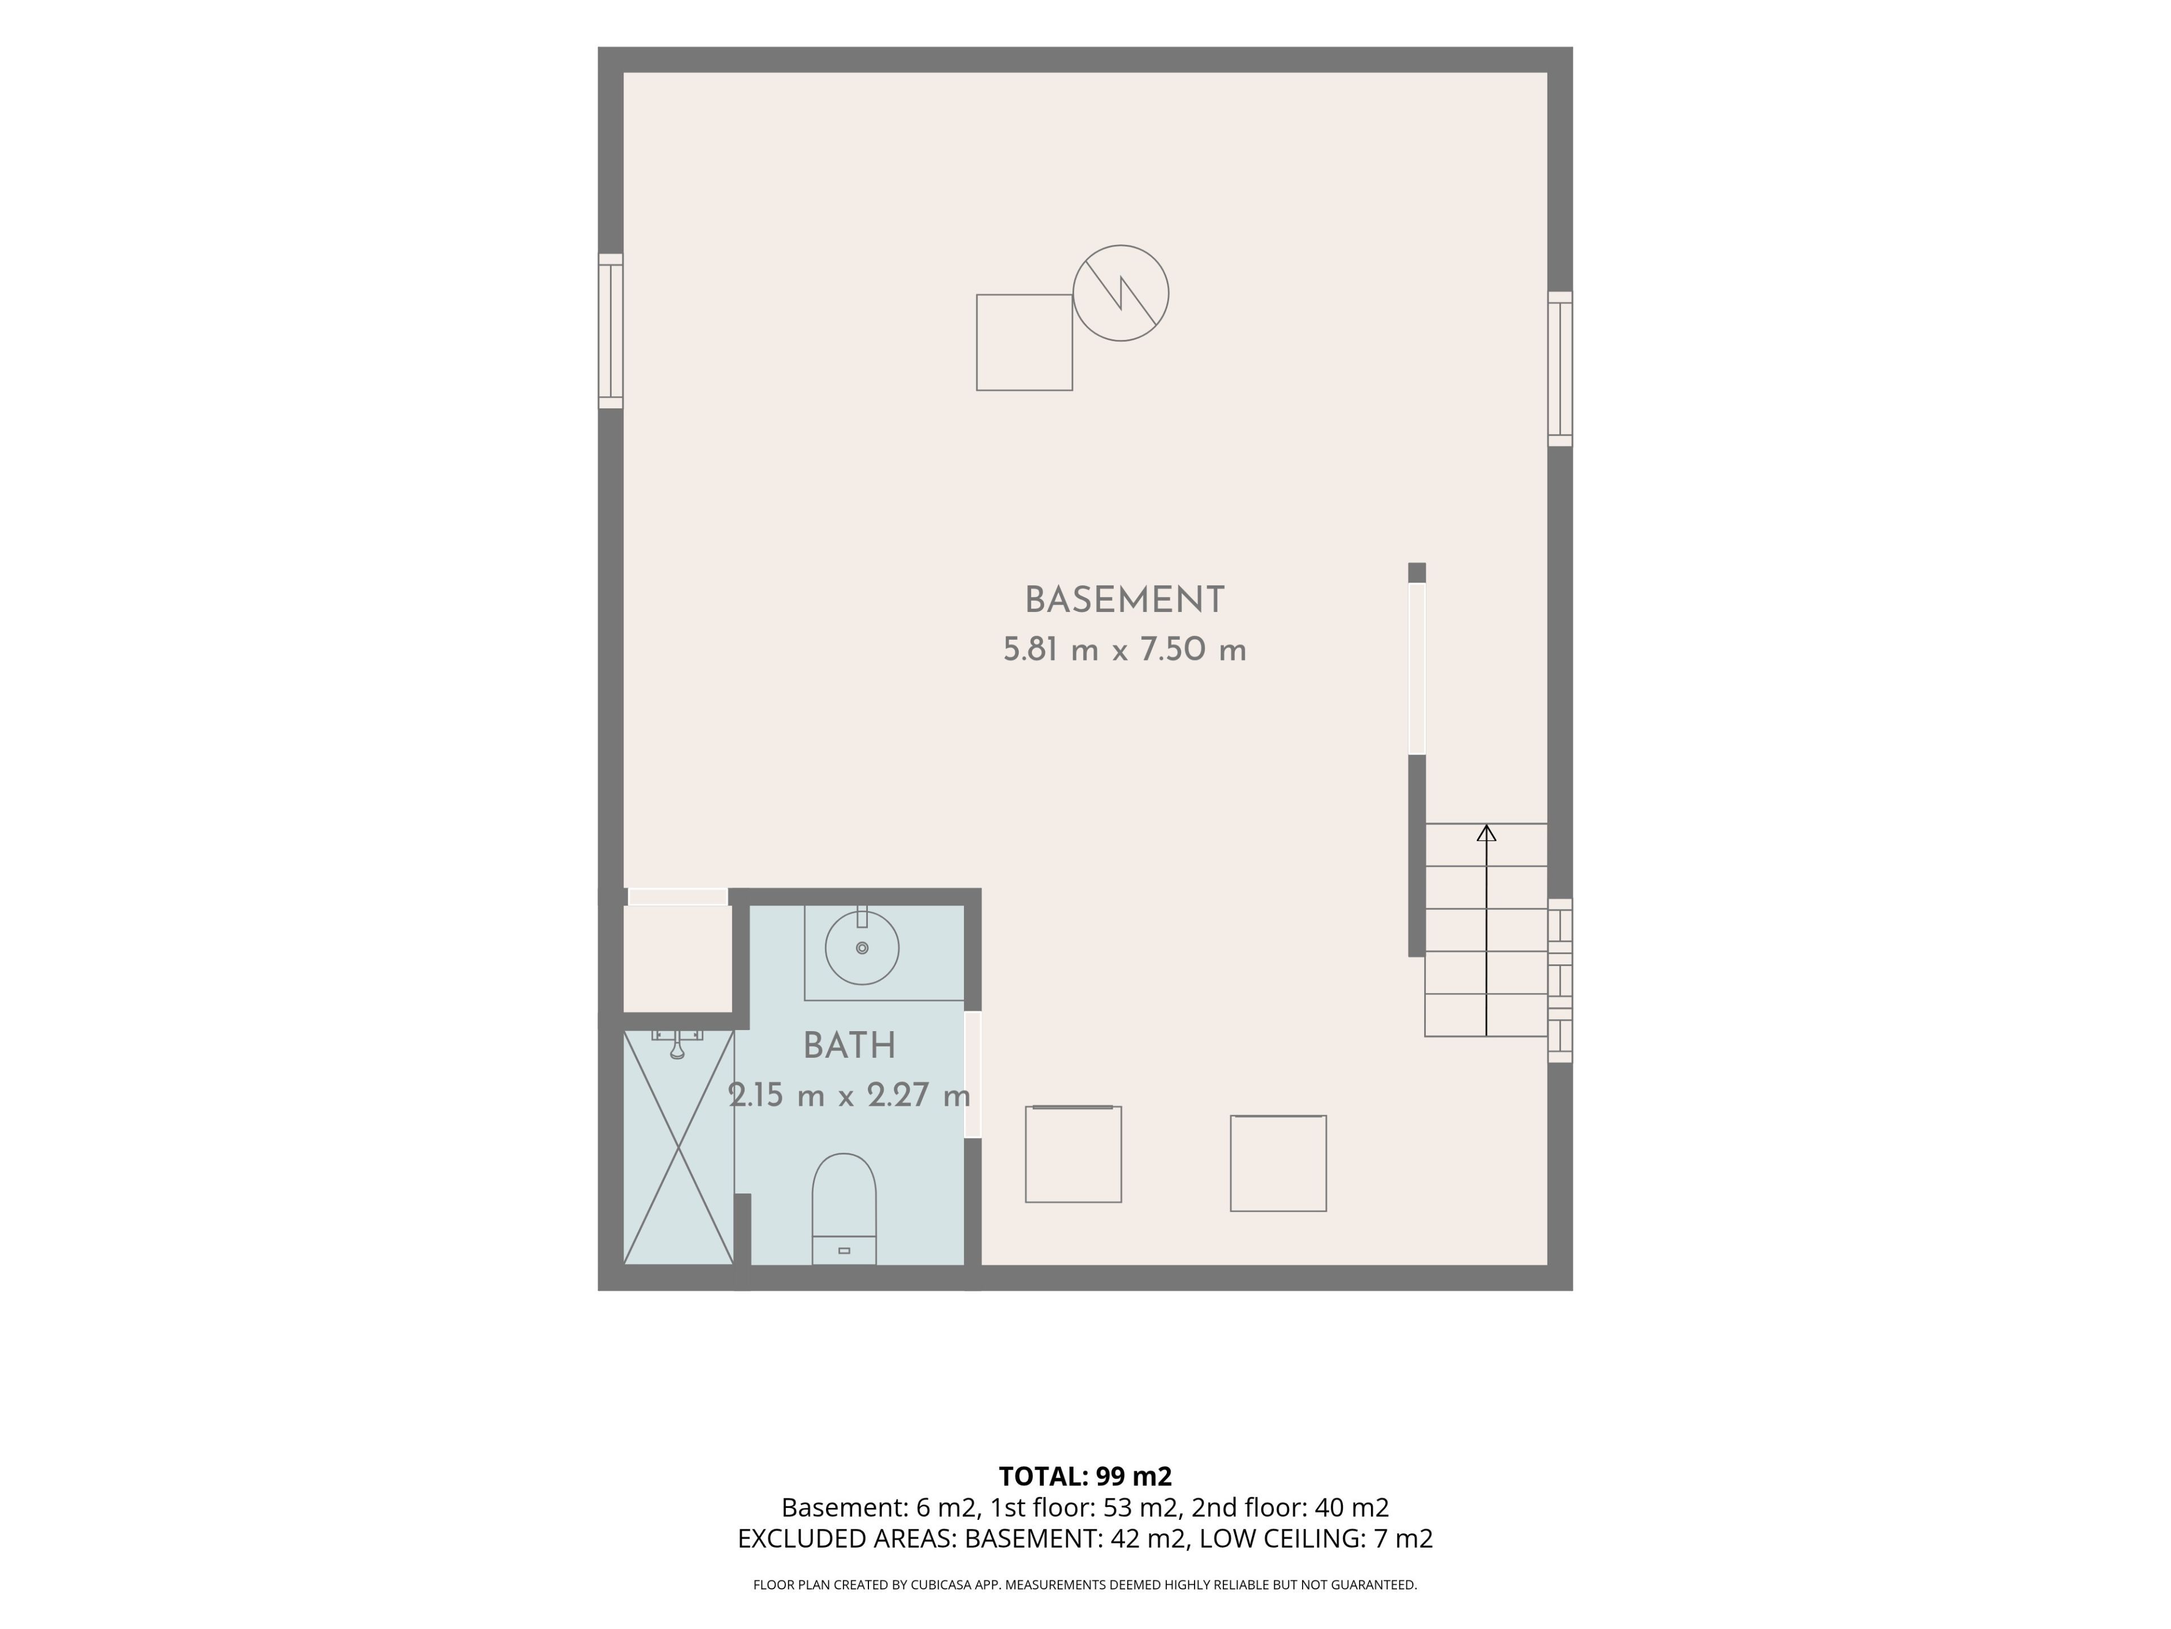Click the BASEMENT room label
tap(1124, 600)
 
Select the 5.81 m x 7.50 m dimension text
tap(1124, 650)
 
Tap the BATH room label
tap(849, 1046)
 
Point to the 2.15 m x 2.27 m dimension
tap(849, 1095)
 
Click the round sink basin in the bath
tap(862, 947)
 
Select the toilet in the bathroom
tap(844, 1209)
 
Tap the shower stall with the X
tap(678, 1147)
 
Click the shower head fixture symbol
tap(677, 1043)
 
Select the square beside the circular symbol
tap(1024, 343)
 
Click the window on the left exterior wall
tap(611, 331)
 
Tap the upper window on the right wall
tap(1559, 369)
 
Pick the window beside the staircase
tap(1559, 980)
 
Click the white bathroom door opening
tap(972, 1074)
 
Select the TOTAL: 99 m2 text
tap(1085, 1476)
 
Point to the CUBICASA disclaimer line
tap(1085, 1585)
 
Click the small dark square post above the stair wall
tap(1416, 572)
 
